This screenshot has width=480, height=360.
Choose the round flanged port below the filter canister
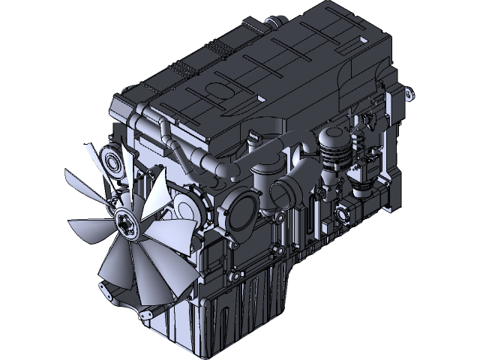[x=343, y=217]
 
